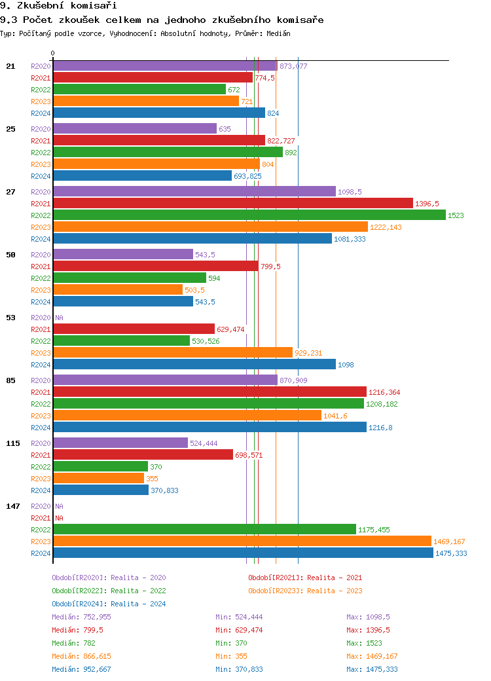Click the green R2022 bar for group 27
pyautogui.click(x=249, y=215)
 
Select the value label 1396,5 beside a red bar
pyautogui.click(x=427, y=204)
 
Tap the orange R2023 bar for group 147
pyautogui.click(x=242, y=542)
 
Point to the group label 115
pyautogui.click(x=13, y=443)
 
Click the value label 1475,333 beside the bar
pyautogui.click(x=451, y=553)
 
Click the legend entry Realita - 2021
pyautogui.click(x=305, y=578)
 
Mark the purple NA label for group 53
pyautogui.click(x=59, y=318)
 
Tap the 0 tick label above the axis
pyautogui.click(x=53, y=53)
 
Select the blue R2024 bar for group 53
pyautogui.click(x=194, y=365)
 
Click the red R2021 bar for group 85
pyautogui.click(x=209, y=392)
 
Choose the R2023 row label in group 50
pyautogui.click(x=41, y=290)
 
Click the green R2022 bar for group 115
pyautogui.click(x=100, y=467)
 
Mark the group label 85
pyautogui.click(x=10, y=380)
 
